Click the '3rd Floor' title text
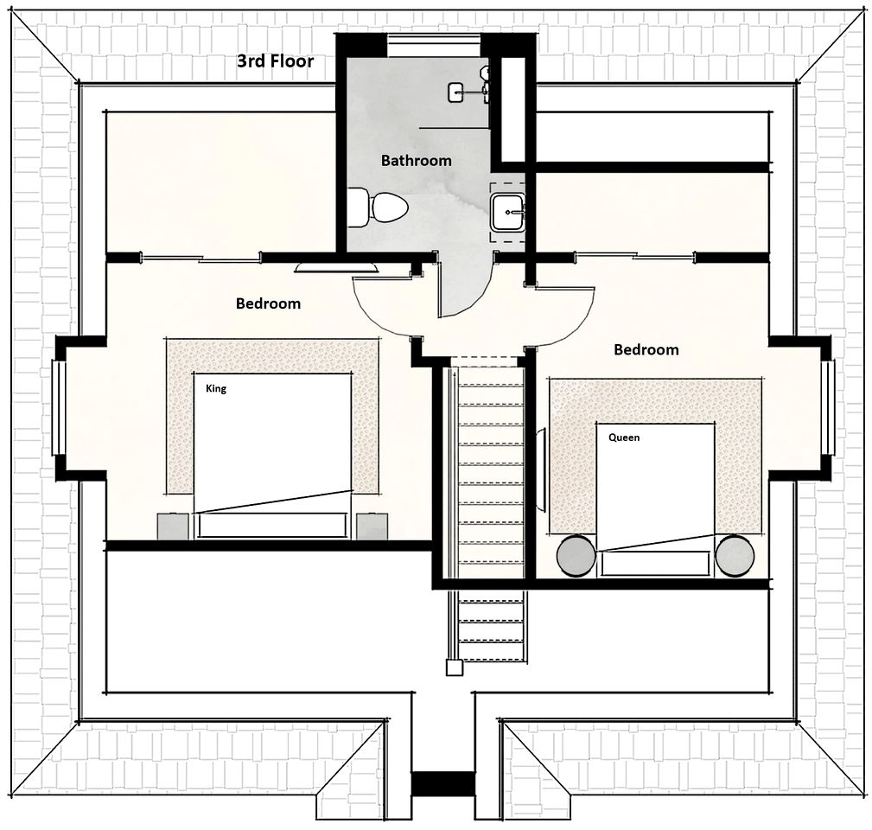(x=276, y=61)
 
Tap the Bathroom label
(x=416, y=160)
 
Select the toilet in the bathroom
(x=378, y=208)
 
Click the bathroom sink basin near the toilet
(x=506, y=212)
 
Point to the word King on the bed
(x=216, y=388)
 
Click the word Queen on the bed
(x=624, y=437)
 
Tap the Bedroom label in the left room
(x=268, y=303)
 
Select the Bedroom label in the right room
(x=646, y=349)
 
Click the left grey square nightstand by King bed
(x=173, y=527)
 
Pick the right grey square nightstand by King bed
(x=372, y=527)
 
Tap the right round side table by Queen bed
(x=735, y=555)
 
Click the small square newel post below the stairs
(x=455, y=667)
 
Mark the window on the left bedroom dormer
(x=59, y=408)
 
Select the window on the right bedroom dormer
(x=828, y=408)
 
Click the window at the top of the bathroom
(x=434, y=45)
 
